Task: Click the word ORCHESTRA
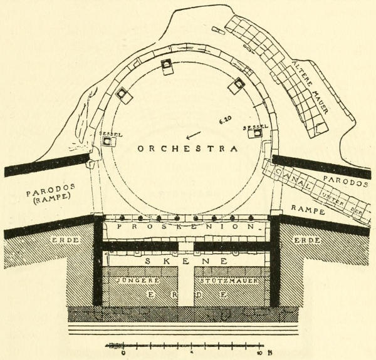185,150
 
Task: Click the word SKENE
185,260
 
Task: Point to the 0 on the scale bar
123,354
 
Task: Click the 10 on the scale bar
259,354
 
